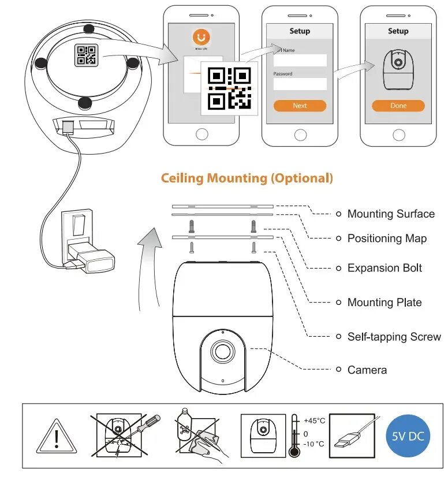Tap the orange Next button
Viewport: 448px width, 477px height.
[300, 106]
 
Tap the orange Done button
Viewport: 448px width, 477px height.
[398, 106]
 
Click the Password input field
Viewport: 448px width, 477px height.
[300, 84]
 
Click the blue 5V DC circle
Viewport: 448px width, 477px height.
[408, 435]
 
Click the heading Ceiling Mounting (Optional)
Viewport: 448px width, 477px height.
[247, 178]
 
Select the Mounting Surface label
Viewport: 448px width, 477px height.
[391, 214]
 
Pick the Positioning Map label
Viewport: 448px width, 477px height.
[387, 238]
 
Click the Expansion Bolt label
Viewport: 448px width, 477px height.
[384, 268]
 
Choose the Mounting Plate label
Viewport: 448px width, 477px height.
[384, 302]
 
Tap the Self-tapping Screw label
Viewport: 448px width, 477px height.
[394, 336]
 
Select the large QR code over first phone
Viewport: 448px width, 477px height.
[230, 88]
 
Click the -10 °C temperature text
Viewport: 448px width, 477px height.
[313, 444]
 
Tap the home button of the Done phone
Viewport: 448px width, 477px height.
[398, 135]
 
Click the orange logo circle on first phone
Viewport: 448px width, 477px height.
[201, 37]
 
